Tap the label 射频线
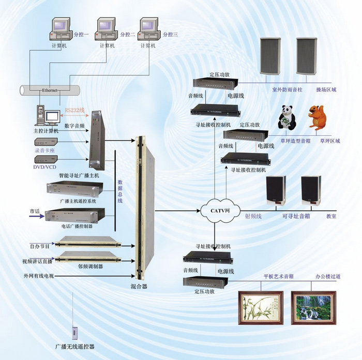coord(253,216)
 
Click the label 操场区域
coord(326,89)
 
